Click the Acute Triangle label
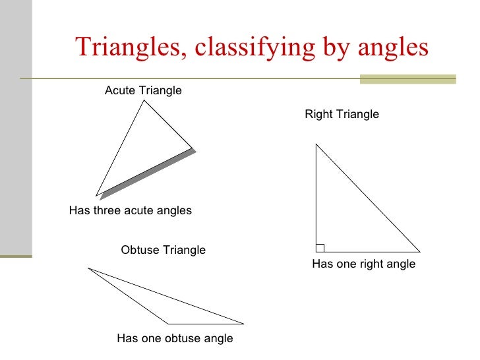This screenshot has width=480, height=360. point(143,90)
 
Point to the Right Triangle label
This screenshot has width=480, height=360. point(342,115)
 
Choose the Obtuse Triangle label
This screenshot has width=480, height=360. point(164,251)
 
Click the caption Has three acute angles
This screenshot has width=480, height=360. point(131,211)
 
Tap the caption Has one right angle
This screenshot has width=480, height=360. point(363,264)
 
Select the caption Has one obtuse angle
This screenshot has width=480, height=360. point(175,339)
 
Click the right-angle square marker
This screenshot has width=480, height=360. point(320,248)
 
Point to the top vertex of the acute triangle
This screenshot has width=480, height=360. point(144,100)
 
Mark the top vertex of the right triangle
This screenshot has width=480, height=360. point(316,144)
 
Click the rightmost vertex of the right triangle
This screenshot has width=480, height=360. point(420,252)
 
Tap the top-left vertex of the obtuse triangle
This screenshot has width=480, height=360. point(88,268)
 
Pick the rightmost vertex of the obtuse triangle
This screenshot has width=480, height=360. point(244,324)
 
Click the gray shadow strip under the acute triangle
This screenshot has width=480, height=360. point(148,174)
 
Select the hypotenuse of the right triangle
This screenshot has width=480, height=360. point(368,198)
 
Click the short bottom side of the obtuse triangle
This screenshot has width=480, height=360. point(206,324)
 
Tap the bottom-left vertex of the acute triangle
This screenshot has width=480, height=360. point(96,196)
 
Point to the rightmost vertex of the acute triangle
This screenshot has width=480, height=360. point(193,148)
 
